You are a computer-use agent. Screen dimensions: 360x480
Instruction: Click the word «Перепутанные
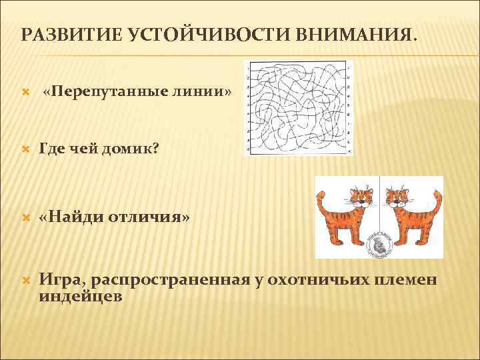point(103,91)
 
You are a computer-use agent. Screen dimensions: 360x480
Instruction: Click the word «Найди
point(72,218)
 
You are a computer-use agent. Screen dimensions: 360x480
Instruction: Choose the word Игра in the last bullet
point(57,279)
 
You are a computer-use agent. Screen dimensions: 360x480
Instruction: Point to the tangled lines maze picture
point(299,108)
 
